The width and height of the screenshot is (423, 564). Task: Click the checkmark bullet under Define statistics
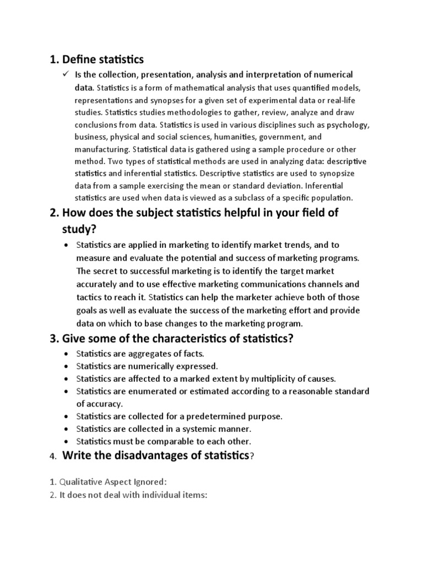coord(66,74)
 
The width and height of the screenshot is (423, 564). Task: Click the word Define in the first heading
coord(79,59)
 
